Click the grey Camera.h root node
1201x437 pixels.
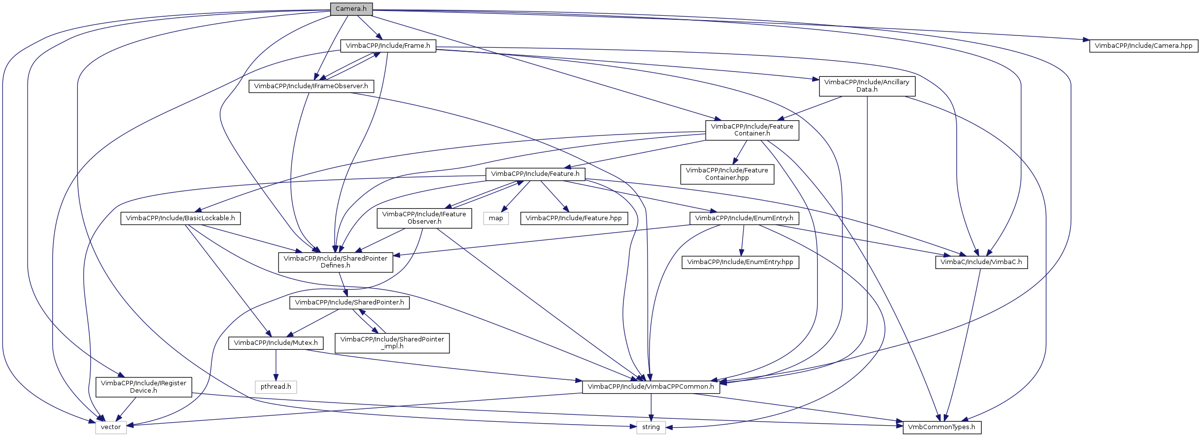click(x=351, y=9)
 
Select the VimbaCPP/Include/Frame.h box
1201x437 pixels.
click(x=388, y=46)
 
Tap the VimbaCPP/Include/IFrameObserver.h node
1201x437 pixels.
click(x=311, y=86)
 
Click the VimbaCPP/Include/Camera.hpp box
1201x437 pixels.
click(x=1143, y=46)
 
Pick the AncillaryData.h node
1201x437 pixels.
click(x=866, y=86)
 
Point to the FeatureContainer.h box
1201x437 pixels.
click(x=752, y=130)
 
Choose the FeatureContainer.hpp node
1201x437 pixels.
click(x=727, y=174)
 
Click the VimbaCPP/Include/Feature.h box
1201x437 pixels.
click(x=535, y=174)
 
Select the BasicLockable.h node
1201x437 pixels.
click(x=180, y=218)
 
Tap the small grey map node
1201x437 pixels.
click(x=496, y=218)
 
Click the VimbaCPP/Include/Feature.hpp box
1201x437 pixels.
click(x=574, y=218)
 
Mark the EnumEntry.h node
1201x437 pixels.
click(x=744, y=218)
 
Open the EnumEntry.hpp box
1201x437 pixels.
click(x=740, y=262)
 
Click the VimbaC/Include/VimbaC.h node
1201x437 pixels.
click(x=981, y=262)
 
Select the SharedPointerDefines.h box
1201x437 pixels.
click(x=336, y=262)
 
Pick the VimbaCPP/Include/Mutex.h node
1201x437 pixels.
click(x=276, y=343)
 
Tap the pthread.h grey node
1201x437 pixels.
click(x=276, y=387)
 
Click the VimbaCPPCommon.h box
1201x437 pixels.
click(x=651, y=387)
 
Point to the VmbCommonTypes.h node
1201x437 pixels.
click(x=942, y=427)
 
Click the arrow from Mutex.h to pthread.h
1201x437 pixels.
click(x=276, y=365)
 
